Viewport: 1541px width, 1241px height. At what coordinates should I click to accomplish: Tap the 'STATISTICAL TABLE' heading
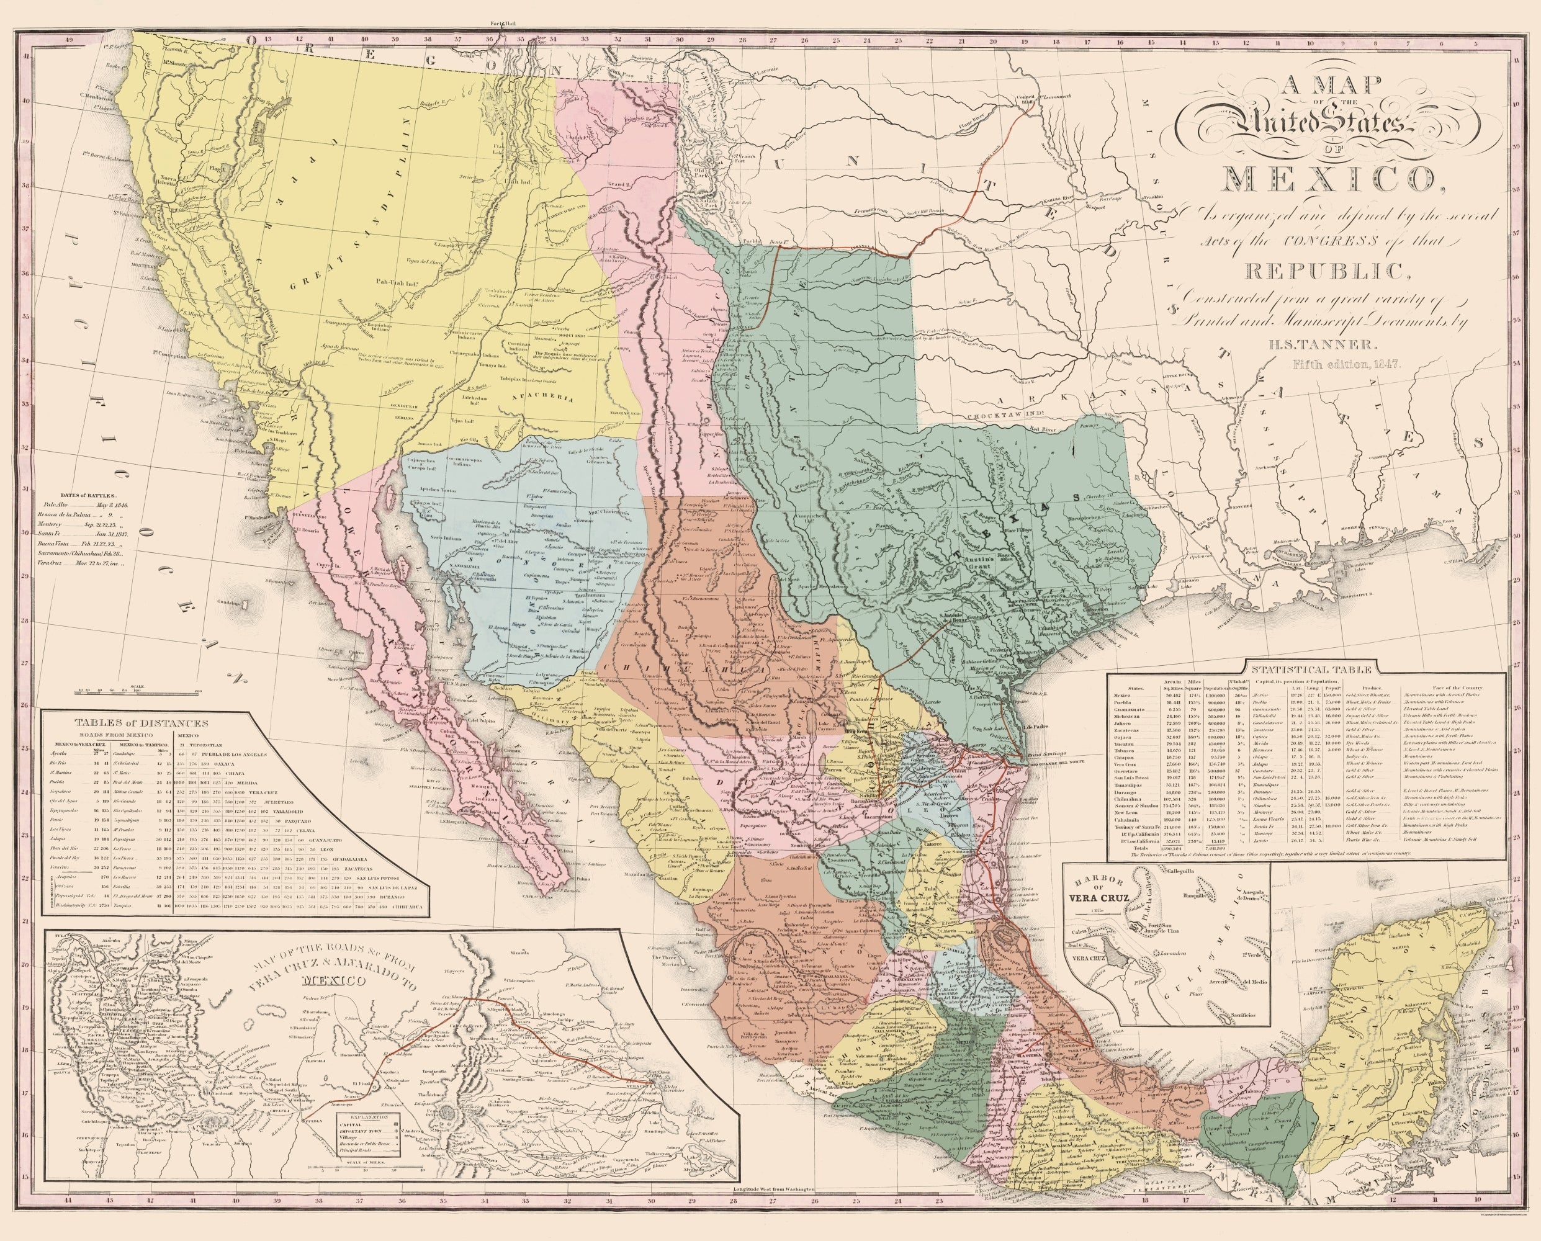[x=1308, y=669]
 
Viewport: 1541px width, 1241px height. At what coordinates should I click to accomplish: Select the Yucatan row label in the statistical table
[x=1126, y=743]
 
